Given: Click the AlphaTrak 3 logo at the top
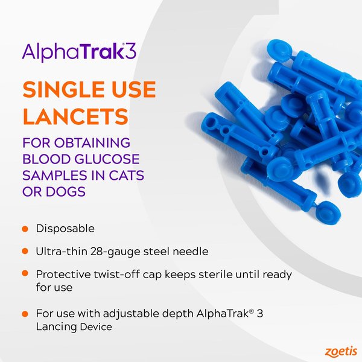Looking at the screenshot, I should (79, 51).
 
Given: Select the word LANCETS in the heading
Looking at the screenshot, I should (66, 115).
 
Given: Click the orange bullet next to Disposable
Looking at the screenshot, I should (25, 229).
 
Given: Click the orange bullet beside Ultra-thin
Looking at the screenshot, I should (25, 251).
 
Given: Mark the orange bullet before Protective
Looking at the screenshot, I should (25, 273).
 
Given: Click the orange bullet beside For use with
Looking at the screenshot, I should (25, 314).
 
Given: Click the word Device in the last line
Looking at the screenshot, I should (96, 327).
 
